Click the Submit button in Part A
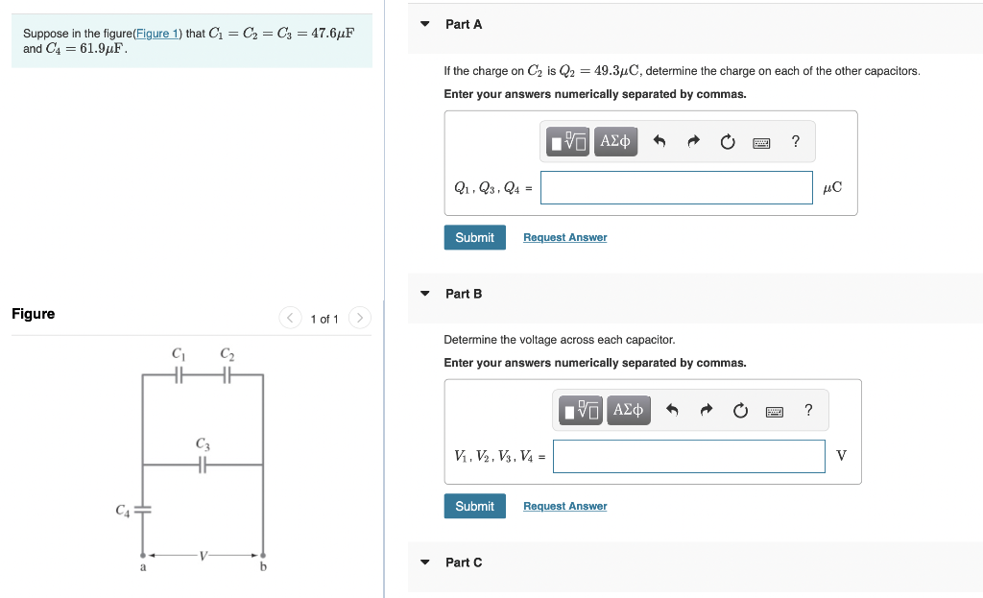[474, 237]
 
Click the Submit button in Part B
[474, 506]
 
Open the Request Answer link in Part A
[564, 238]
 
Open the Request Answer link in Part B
[564, 507]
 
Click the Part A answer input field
[676, 188]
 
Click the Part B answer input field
[688, 457]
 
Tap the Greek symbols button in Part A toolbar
[615, 142]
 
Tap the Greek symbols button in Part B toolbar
[628, 411]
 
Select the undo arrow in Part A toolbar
[659, 143]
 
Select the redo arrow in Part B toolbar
[706, 412]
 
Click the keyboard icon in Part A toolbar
[760, 143]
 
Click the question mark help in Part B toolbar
[808, 411]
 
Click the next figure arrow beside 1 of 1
[359, 318]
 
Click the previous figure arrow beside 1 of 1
[290, 318]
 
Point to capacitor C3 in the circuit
[203, 466]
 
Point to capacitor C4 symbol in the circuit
[143, 510]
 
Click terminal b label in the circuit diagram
[263, 567]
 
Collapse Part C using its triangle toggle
[425, 562]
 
